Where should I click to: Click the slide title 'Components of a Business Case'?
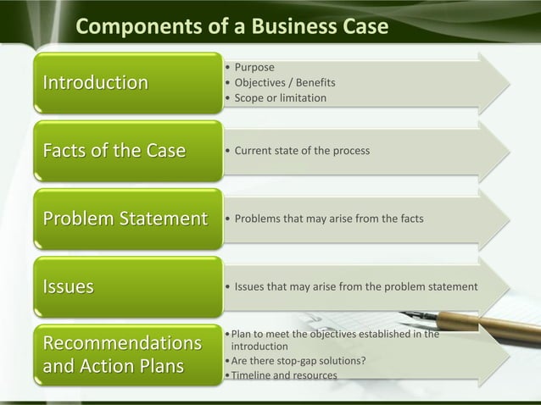[x=231, y=27]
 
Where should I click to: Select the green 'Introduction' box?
[x=122, y=82]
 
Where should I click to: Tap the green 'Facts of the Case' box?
[x=122, y=151]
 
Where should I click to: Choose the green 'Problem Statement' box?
[x=122, y=219]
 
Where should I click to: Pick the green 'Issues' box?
[x=122, y=287]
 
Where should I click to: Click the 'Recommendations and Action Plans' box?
[x=122, y=356]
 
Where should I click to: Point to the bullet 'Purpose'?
[x=254, y=67]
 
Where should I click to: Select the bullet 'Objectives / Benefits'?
[x=284, y=82]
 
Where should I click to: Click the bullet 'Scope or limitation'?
[x=280, y=98]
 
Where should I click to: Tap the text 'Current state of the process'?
[x=301, y=151]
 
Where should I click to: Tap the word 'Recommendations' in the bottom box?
[x=116, y=344]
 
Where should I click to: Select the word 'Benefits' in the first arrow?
[x=313, y=82]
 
